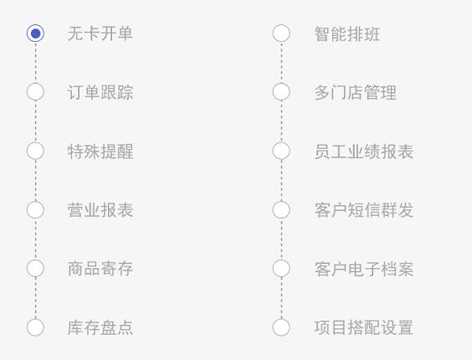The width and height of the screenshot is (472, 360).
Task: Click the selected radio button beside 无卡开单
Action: pos(35,33)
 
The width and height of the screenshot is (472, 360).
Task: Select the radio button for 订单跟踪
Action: pos(35,91)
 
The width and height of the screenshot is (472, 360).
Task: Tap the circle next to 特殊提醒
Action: pos(35,151)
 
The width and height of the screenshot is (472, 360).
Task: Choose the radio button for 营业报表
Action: pos(35,209)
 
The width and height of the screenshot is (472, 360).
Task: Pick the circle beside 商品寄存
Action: pos(35,268)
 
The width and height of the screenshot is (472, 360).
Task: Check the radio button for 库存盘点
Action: pos(35,327)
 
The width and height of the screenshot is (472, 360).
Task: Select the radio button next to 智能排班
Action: pos(281,33)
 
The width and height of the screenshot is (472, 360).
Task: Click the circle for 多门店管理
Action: pos(281,91)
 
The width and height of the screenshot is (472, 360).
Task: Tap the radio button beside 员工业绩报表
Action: pos(281,151)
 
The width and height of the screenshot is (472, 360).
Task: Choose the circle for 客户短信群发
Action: pos(281,209)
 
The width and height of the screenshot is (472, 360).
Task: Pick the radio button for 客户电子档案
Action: pos(281,268)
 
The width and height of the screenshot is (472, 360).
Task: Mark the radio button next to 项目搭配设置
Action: pos(281,327)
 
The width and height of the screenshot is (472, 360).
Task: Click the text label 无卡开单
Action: pos(100,33)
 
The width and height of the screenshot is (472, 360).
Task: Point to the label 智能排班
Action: pos(346,33)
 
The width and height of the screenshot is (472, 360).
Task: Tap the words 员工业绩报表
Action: pos(364,152)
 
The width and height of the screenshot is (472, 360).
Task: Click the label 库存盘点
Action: pos(100,327)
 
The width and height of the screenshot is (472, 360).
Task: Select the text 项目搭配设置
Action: pos(364,327)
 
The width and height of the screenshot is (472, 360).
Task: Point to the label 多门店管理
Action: pos(355,92)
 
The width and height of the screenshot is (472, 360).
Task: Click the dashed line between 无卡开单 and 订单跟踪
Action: pos(35,62)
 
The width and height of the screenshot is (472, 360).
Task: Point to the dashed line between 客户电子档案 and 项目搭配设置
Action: pos(281,298)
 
